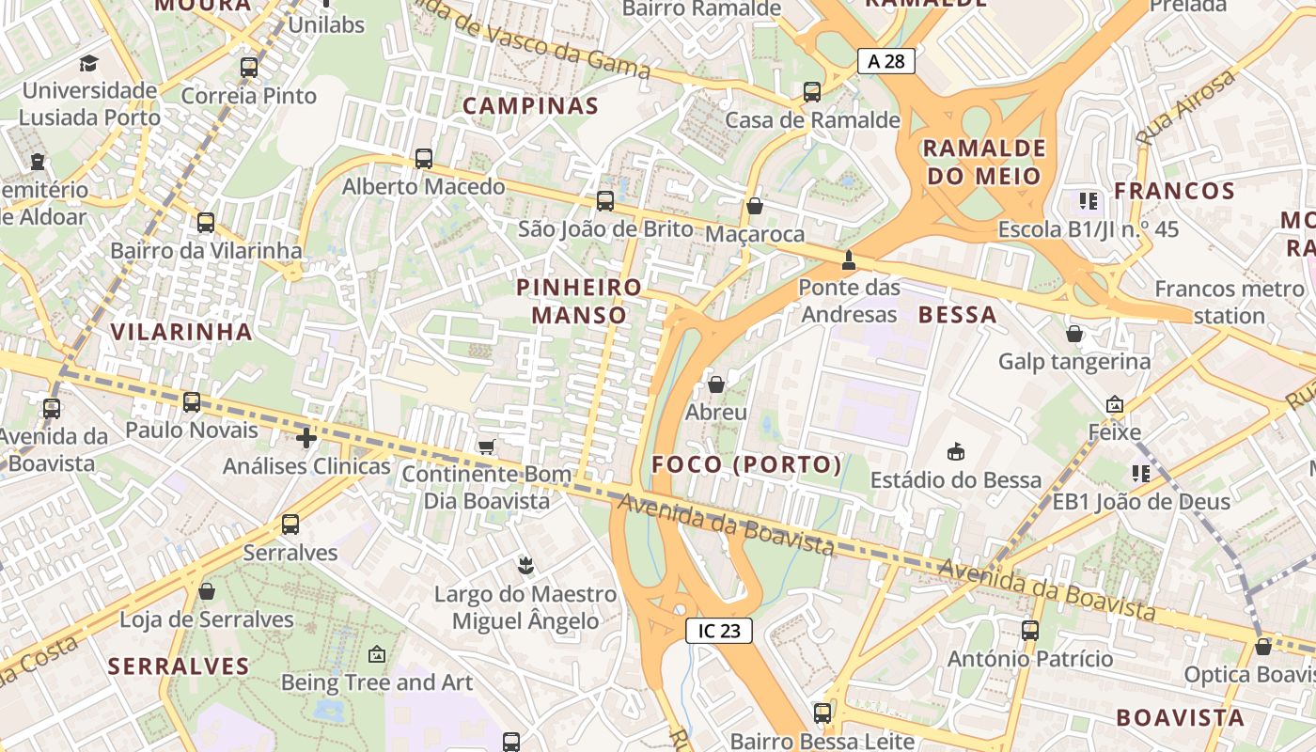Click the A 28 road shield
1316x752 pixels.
tap(885, 62)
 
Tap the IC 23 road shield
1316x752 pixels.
tap(719, 631)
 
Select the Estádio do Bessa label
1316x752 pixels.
tap(956, 480)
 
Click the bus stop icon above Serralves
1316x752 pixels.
tap(290, 525)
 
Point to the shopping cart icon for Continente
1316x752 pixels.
tap(486, 446)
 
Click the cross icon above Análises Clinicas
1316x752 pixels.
tap(305, 438)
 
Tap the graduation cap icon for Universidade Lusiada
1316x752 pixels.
tap(88, 63)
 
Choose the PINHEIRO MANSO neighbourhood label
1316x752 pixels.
tap(579, 301)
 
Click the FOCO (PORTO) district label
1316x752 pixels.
tap(747, 464)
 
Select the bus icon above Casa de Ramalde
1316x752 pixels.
tap(812, 92)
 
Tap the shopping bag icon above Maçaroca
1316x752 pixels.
tap(754, 206)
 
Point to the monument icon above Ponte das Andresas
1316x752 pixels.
tap(849, 259)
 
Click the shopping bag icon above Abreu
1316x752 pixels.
tap(716, 384)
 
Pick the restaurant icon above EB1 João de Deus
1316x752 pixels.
tap(1141, 474)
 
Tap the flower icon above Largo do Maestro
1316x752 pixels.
tap(525, 566)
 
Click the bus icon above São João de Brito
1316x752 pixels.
tap(605, 200)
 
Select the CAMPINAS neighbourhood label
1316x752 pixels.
tap(531, 105)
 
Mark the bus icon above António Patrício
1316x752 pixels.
tap(1030, 630)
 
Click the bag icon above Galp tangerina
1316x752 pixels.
tap(1074, 334)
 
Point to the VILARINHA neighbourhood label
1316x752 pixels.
tap(181, 331)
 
